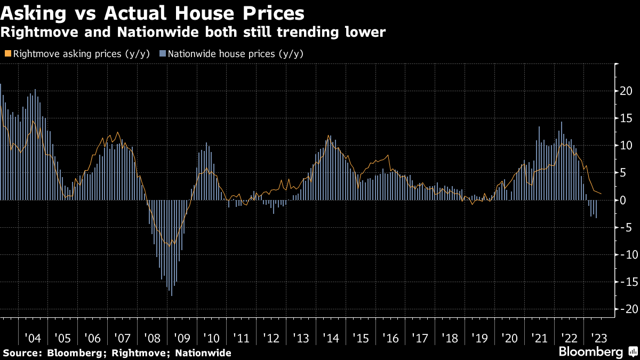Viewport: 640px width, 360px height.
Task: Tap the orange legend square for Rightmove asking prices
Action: [x=7, y=54]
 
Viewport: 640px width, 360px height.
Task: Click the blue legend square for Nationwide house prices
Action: [x=163, y=54]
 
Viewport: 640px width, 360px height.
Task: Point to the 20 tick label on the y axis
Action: [x=626, y=91]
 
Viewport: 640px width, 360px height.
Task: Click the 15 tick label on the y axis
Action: [x=626, y=118]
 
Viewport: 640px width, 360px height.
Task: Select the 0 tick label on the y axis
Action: [x=622, y=200]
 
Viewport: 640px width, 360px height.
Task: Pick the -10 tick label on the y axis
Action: [x=624, y=254]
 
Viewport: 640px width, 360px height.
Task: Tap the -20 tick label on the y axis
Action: [x=624, y=309]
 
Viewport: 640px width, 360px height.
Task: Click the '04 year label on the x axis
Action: [x=33, y=338]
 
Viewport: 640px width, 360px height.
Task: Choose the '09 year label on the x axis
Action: [x=182, y=338]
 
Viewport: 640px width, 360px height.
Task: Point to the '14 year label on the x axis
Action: [x=331, y=338]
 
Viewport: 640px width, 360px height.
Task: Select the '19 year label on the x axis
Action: [x=481, y=338]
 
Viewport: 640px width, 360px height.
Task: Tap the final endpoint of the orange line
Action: [x=601, y=194]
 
